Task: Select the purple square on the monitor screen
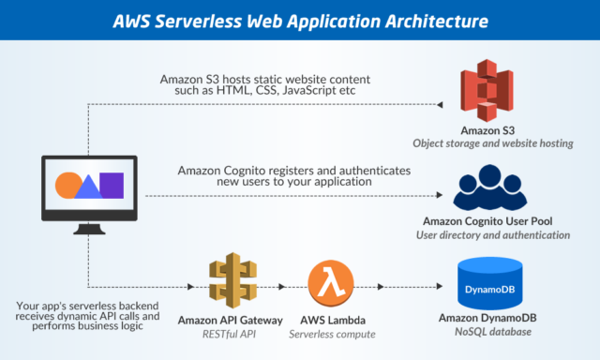point(112,185)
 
